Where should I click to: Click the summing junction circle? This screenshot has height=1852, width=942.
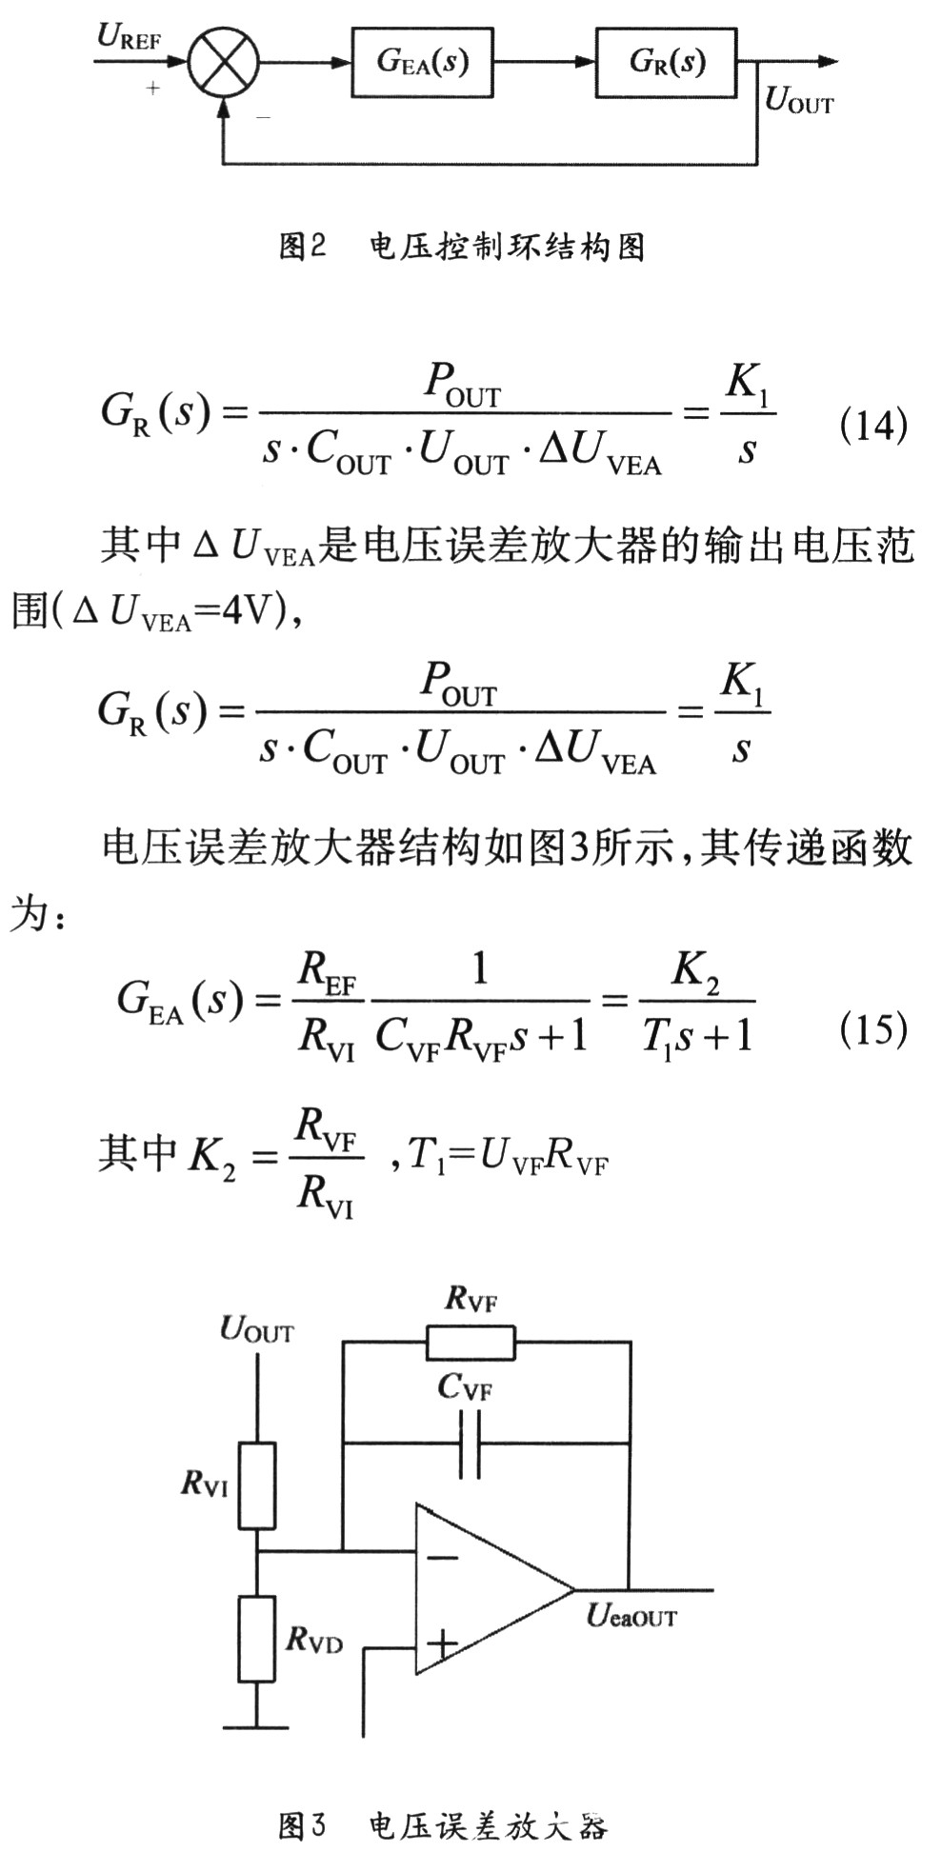pos(223,63)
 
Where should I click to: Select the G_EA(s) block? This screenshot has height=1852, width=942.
pos(422,63)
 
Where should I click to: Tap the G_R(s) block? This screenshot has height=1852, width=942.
pos(667,63)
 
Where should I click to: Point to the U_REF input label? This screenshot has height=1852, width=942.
pos(130,37)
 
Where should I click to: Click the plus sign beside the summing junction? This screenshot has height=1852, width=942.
pos(152,89)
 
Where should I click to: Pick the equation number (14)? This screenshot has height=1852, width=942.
pos(872,425)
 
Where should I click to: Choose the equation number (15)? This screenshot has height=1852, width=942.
pos(872,1028)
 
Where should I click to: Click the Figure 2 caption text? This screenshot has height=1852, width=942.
pos(462,247)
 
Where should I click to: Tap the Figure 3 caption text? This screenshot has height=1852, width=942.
pos(442,1824)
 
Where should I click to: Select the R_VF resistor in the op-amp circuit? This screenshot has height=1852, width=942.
pos(470,1343)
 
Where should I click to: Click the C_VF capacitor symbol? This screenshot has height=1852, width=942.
pos(470,1444)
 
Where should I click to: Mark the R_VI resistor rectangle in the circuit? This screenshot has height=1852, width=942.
pos(256,1485)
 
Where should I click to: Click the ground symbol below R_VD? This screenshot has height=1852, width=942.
pos(255,1724)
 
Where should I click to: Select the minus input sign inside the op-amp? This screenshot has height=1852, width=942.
pos(441,1558)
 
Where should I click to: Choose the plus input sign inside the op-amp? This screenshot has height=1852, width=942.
pos(441,1643)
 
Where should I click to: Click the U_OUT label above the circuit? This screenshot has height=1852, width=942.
pos(256,1329)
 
